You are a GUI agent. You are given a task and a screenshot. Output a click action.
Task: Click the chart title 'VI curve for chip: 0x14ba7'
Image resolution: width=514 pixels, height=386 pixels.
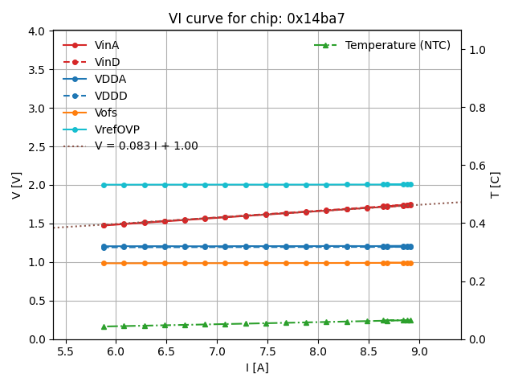[x=257, y=18]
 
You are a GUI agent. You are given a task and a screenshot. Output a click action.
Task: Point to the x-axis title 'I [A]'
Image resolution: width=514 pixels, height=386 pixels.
[x=257, y=368]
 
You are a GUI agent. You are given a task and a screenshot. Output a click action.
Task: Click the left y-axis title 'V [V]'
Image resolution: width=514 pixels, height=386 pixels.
[x=17, y=185]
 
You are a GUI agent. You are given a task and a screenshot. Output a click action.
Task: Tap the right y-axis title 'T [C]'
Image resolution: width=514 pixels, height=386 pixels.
[x=496, y=185]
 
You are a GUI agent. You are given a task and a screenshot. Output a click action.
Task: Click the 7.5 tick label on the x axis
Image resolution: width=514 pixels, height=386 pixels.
[x=267, y=351]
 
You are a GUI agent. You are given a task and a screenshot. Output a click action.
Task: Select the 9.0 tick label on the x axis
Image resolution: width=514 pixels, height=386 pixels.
[x=419, y=351]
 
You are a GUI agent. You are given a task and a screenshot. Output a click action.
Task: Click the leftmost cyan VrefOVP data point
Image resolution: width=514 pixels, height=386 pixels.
[x=104, y=185]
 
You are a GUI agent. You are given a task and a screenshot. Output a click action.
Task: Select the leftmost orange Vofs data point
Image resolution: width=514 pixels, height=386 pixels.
[x=104, y=263]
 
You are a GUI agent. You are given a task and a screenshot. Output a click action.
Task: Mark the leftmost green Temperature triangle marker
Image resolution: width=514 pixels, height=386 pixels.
[x=104, y=326]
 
